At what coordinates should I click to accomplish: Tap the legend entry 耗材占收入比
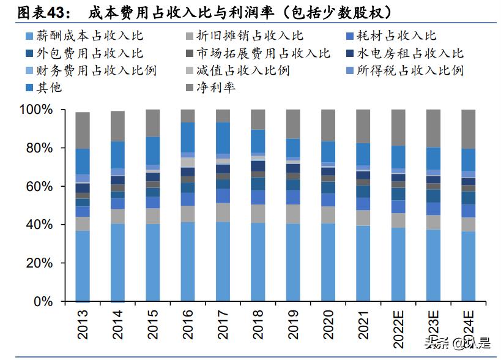[x=398, y=36]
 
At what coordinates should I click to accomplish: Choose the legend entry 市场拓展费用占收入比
[x=263, y=53]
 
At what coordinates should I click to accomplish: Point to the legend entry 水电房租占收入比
[x=404, y=53]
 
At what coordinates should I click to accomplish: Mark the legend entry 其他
[x=50, y=87]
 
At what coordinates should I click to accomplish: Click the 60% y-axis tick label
[x=40, y=187]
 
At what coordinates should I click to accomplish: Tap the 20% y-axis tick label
[x=40, y=263]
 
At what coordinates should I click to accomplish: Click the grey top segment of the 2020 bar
[x=328, y=126]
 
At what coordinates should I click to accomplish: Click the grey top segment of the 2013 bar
[x=83, y=130]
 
